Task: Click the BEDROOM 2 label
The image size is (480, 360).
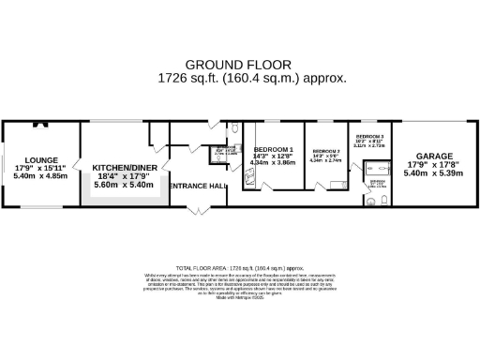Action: click(x=325, y=151)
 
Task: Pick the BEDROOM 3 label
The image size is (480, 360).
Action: click(x=367, y=136)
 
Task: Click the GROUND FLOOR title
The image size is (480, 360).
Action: click(x=239, y=66)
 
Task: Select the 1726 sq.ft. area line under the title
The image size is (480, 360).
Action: click(x=239, y=80)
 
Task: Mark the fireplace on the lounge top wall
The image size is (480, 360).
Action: click(x=39, y=123)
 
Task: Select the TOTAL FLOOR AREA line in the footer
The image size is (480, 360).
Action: click(x=239, y=267)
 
